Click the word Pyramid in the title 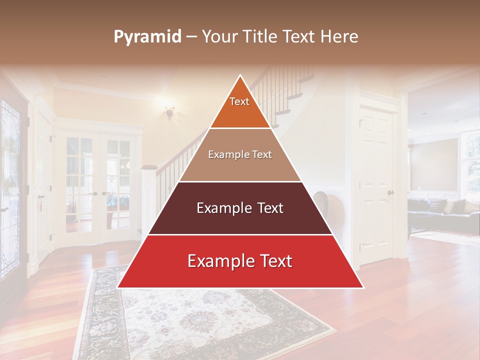[147, 37]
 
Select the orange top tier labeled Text [240, 107]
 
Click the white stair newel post [148, 200]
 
